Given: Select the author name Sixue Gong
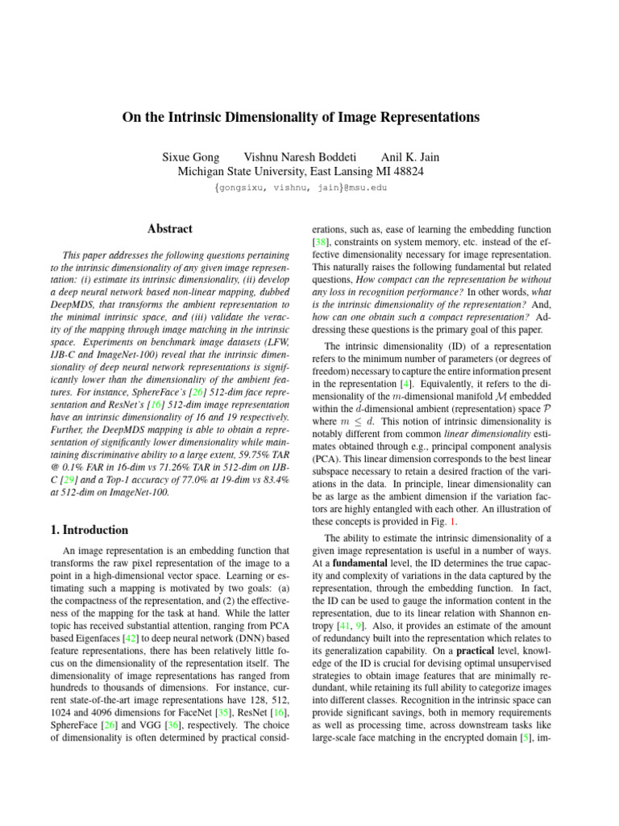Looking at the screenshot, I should (x=190, y=156).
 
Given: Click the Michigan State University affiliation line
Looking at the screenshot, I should (x=300, y=171).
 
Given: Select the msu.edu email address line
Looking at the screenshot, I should (x=301, y=188).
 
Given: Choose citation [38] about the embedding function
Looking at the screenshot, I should (x=321, y=243).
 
